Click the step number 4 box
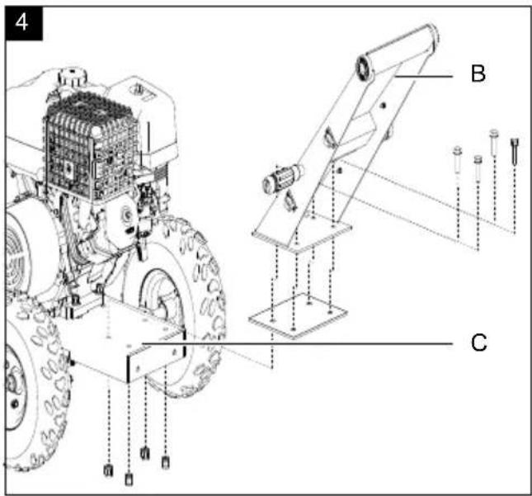pyautogui.click(x=23, y=23)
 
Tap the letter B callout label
pyautogui.click(x=478, y=73)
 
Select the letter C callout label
pyautogui.click(x=478, y=342)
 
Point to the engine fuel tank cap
pyautogui.click(x=72, y=76)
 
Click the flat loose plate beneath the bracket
pyautogui.click(x=298, y=316)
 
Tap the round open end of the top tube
pyautogui.click(x=365, y=68)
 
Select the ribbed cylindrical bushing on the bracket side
pyautogui.click(x=282, y=178)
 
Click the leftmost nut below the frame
pyautogui.click(x=108, y=470)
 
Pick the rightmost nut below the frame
pyautogui.click(x=165, y=462)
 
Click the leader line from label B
pyautogui.click(x=424, y=77)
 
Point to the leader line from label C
pyautogui.click(x=297, y=343)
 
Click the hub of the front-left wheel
pyautogui.click(x=13, y=384)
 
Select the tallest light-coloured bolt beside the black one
pyautogui.click(x=494, y=143)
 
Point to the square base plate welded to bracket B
pyautogui.click(x=302, y=234)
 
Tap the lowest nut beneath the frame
pyautogui.click(x=129, y=479)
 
